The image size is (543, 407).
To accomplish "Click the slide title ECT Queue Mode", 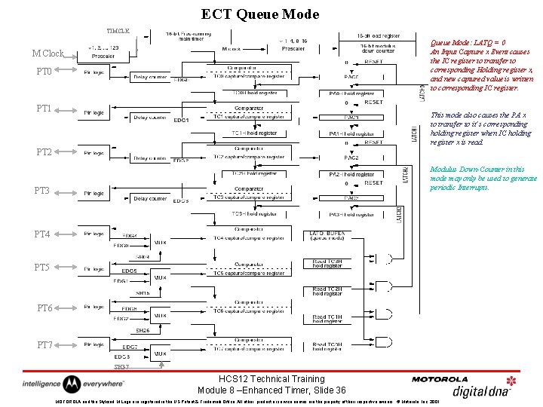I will [x=260, y=14].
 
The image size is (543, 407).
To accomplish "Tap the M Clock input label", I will [x=48, y=54].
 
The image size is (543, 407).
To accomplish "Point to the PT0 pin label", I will [x=44, y=71].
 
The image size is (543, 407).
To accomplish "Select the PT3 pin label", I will [x=42, y=191].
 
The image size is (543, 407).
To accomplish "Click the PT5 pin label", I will [x=42, y=268].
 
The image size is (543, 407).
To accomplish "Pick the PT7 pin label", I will [x=44, y=344].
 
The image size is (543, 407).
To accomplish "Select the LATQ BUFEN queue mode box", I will [x=327, y=237].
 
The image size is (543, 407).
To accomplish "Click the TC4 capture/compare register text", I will [x=254, y=239].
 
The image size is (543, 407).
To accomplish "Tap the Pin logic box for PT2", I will [x=94, y=153].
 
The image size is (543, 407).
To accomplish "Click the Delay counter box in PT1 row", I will [x=150, y=117].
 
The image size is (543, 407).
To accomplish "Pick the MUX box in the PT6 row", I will [x=160, y=316].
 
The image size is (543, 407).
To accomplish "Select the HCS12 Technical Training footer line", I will [x=271, y=379].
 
